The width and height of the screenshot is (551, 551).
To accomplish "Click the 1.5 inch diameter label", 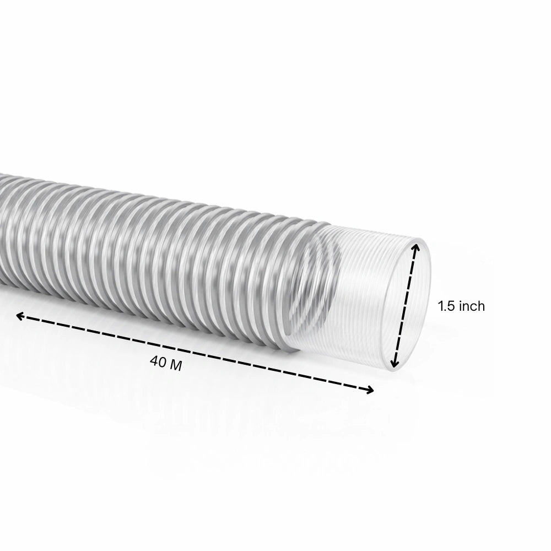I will [461, 306].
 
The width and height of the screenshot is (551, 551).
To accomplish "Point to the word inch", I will [472, 306].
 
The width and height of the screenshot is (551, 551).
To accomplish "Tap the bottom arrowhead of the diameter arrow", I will [395, 363].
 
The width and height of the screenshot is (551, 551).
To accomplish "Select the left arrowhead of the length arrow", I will [19, 315].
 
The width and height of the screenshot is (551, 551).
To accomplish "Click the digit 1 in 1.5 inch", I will [441, 306].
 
